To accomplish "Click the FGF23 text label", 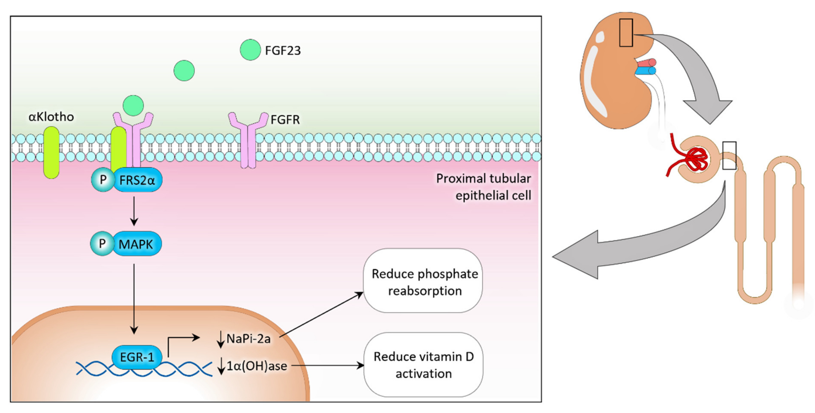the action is [x=282, y=50].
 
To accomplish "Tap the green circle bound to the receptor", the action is [x=133, y=105].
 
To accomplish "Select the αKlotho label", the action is [x=51, y=117].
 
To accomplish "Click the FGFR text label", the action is [x=285, y=120].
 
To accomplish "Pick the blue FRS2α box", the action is [x=137, y=180].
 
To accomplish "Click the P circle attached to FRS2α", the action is [x=103, y=180].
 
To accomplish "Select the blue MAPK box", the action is [x=137, y=244].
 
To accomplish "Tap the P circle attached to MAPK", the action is [x=102, y=244].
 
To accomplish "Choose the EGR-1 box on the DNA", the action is [x=137, y=357].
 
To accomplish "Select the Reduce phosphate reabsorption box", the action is [x=423, y=281].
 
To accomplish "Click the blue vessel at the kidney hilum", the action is [x=645, y=71].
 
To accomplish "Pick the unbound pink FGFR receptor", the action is [x=248, y=139].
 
